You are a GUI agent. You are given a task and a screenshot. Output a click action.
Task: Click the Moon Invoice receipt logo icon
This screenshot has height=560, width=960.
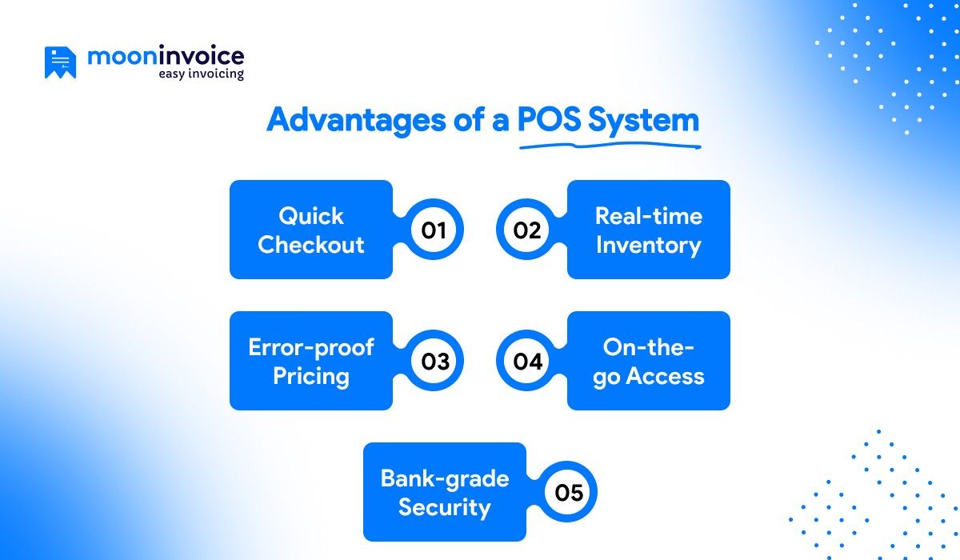[60, 62]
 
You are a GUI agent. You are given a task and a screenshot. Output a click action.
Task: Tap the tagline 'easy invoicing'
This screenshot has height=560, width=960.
[201, 74]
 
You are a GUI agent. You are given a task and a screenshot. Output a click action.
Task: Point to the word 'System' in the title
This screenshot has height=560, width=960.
[643, 120]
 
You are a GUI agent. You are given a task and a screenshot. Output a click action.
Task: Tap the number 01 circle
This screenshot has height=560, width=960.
[433, 230]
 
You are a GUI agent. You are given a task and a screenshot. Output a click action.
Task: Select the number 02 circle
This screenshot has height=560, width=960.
[527, 230]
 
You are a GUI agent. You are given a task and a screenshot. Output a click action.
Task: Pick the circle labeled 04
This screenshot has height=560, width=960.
[527, 362]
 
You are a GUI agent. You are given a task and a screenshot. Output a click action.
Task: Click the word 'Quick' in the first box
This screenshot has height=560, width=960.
[311, 216]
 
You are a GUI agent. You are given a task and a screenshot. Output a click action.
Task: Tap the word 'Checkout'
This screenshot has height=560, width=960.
[311, 245]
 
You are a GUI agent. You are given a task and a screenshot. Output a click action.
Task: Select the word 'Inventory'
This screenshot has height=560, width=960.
[648, 245]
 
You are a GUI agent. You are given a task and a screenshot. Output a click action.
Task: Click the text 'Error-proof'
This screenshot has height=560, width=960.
[311, 347]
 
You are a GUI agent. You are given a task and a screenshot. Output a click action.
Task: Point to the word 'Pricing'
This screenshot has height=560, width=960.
[311, 376]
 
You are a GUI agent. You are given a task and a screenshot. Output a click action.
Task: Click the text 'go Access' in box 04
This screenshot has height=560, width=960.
[648, 376]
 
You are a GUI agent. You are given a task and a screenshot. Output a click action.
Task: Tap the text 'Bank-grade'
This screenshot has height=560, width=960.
[445, 478]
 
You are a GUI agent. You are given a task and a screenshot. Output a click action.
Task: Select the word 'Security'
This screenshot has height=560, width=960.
[445, 507]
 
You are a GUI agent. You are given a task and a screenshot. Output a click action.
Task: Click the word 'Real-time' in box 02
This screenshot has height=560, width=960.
[648, 216]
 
